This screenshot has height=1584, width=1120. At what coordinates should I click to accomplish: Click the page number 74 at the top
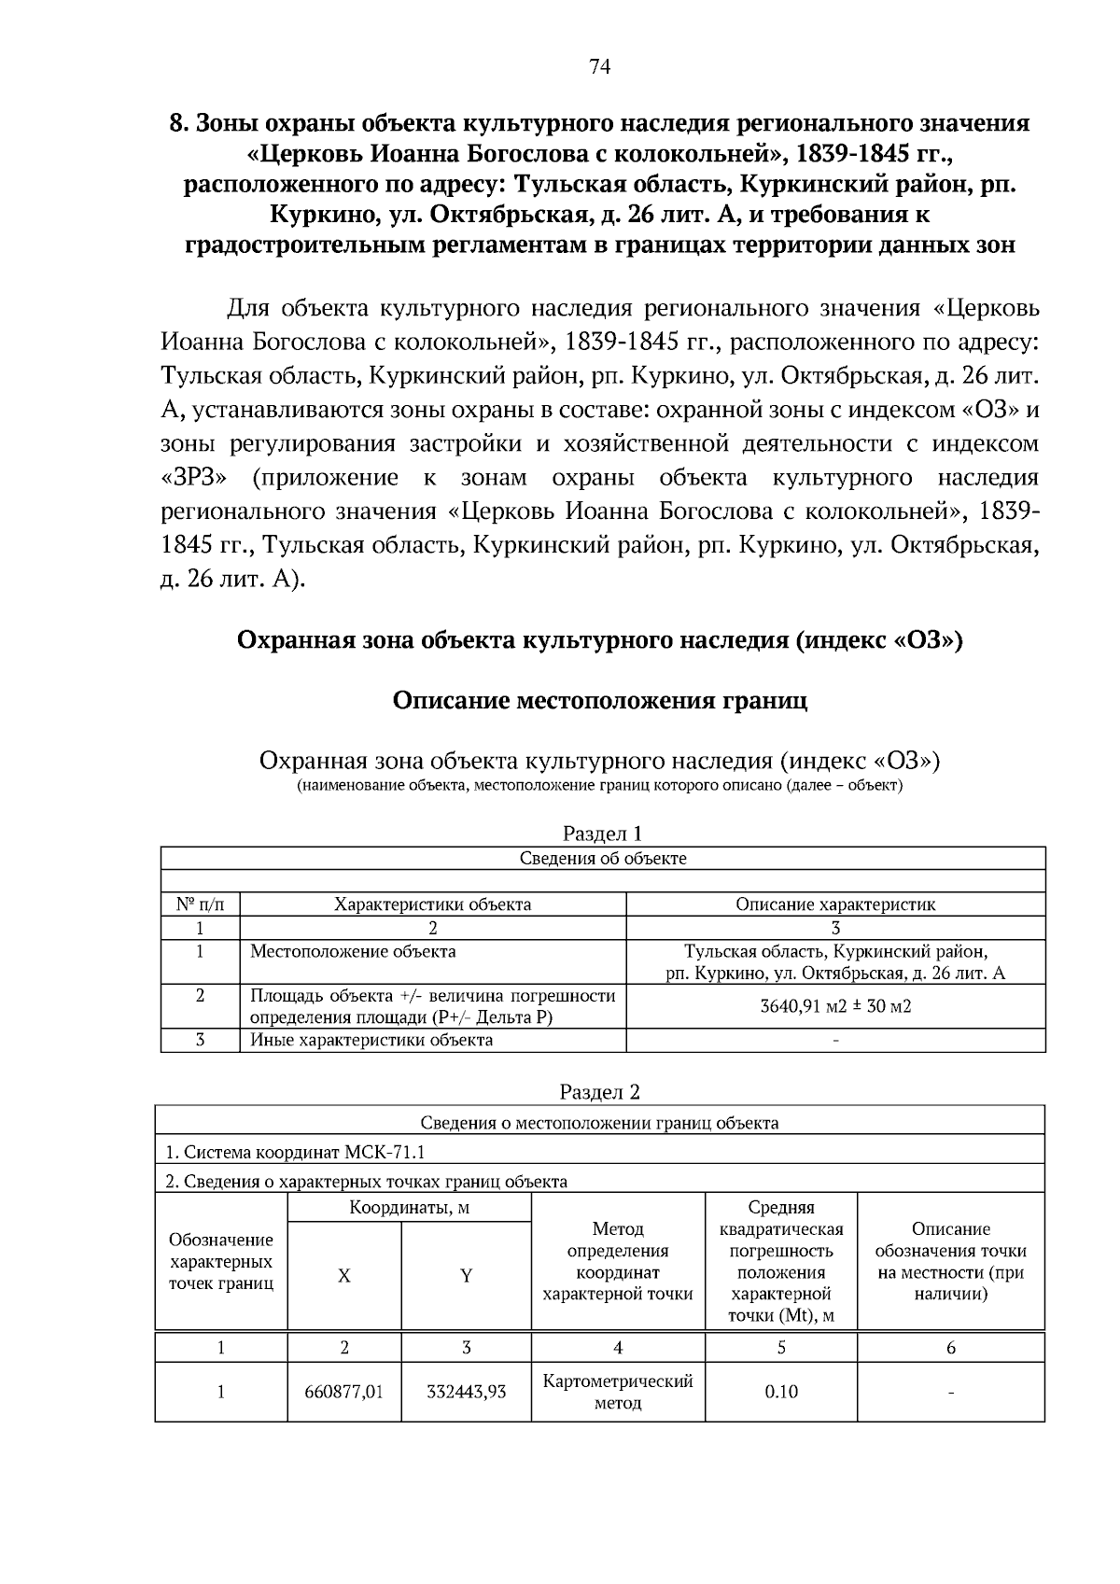[600, 66]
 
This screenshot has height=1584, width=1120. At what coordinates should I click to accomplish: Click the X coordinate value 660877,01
[343, 1392]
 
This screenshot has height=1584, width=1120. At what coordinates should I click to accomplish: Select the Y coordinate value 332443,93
[466, 1392]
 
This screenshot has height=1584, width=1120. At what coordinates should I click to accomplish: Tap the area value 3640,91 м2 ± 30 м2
[835, 1006]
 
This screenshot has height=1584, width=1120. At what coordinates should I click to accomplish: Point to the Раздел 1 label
[602, 834]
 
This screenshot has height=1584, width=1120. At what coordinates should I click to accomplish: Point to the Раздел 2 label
[600, 1092]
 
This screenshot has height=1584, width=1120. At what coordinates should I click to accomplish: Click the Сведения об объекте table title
[602, 858]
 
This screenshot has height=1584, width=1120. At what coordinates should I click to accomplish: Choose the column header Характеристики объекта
[433, 904]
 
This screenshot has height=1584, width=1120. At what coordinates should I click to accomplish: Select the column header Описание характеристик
[835, 904]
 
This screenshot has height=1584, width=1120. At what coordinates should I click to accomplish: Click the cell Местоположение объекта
[353, 951]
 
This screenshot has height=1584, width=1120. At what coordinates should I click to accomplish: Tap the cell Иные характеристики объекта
[371, 1040]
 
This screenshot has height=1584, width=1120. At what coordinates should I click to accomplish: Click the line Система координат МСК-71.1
[295, 1152]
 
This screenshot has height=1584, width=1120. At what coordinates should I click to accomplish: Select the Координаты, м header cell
[409, 1208]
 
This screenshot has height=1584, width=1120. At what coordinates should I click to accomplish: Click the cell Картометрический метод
[618, 1392]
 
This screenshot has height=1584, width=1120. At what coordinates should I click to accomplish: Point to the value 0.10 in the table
[781, 1392]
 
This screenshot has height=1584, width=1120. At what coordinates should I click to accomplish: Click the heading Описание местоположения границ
[599, 700]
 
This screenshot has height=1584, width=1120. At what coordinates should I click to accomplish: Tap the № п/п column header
[200, 904]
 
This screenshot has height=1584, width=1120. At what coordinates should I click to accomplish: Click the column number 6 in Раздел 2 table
[950, 1347]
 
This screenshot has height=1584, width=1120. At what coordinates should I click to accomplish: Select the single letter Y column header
[466, 1276]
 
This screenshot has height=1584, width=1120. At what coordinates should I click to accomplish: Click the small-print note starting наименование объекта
[599, 785]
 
